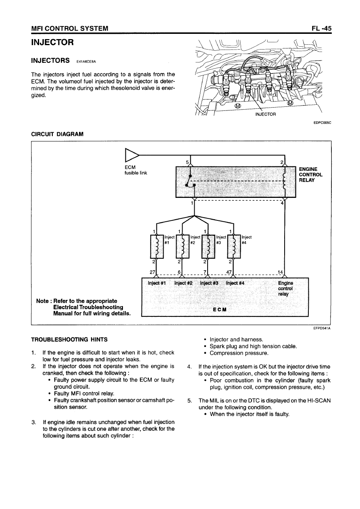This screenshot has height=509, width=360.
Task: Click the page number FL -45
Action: click(321, 29)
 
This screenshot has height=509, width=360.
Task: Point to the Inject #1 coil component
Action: click(156, 246)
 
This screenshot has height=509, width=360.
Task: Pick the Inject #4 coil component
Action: click(234, 246)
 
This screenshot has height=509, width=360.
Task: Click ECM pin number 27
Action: click(152, 272)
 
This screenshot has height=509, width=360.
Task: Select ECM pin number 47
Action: click(229, 272)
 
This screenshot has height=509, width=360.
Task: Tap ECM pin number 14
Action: click(281, 272)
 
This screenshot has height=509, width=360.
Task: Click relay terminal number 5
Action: click(187, 162)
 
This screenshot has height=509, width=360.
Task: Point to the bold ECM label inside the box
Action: click(220, 310)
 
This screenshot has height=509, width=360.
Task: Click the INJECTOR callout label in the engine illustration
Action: click(265, 114)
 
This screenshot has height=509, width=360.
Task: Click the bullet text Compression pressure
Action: click(239, 353)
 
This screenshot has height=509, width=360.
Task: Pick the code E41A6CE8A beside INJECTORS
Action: click(88, 62)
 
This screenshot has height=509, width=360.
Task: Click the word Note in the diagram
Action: click(42, 301)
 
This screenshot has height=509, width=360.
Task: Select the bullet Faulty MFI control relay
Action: click(84, 393)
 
